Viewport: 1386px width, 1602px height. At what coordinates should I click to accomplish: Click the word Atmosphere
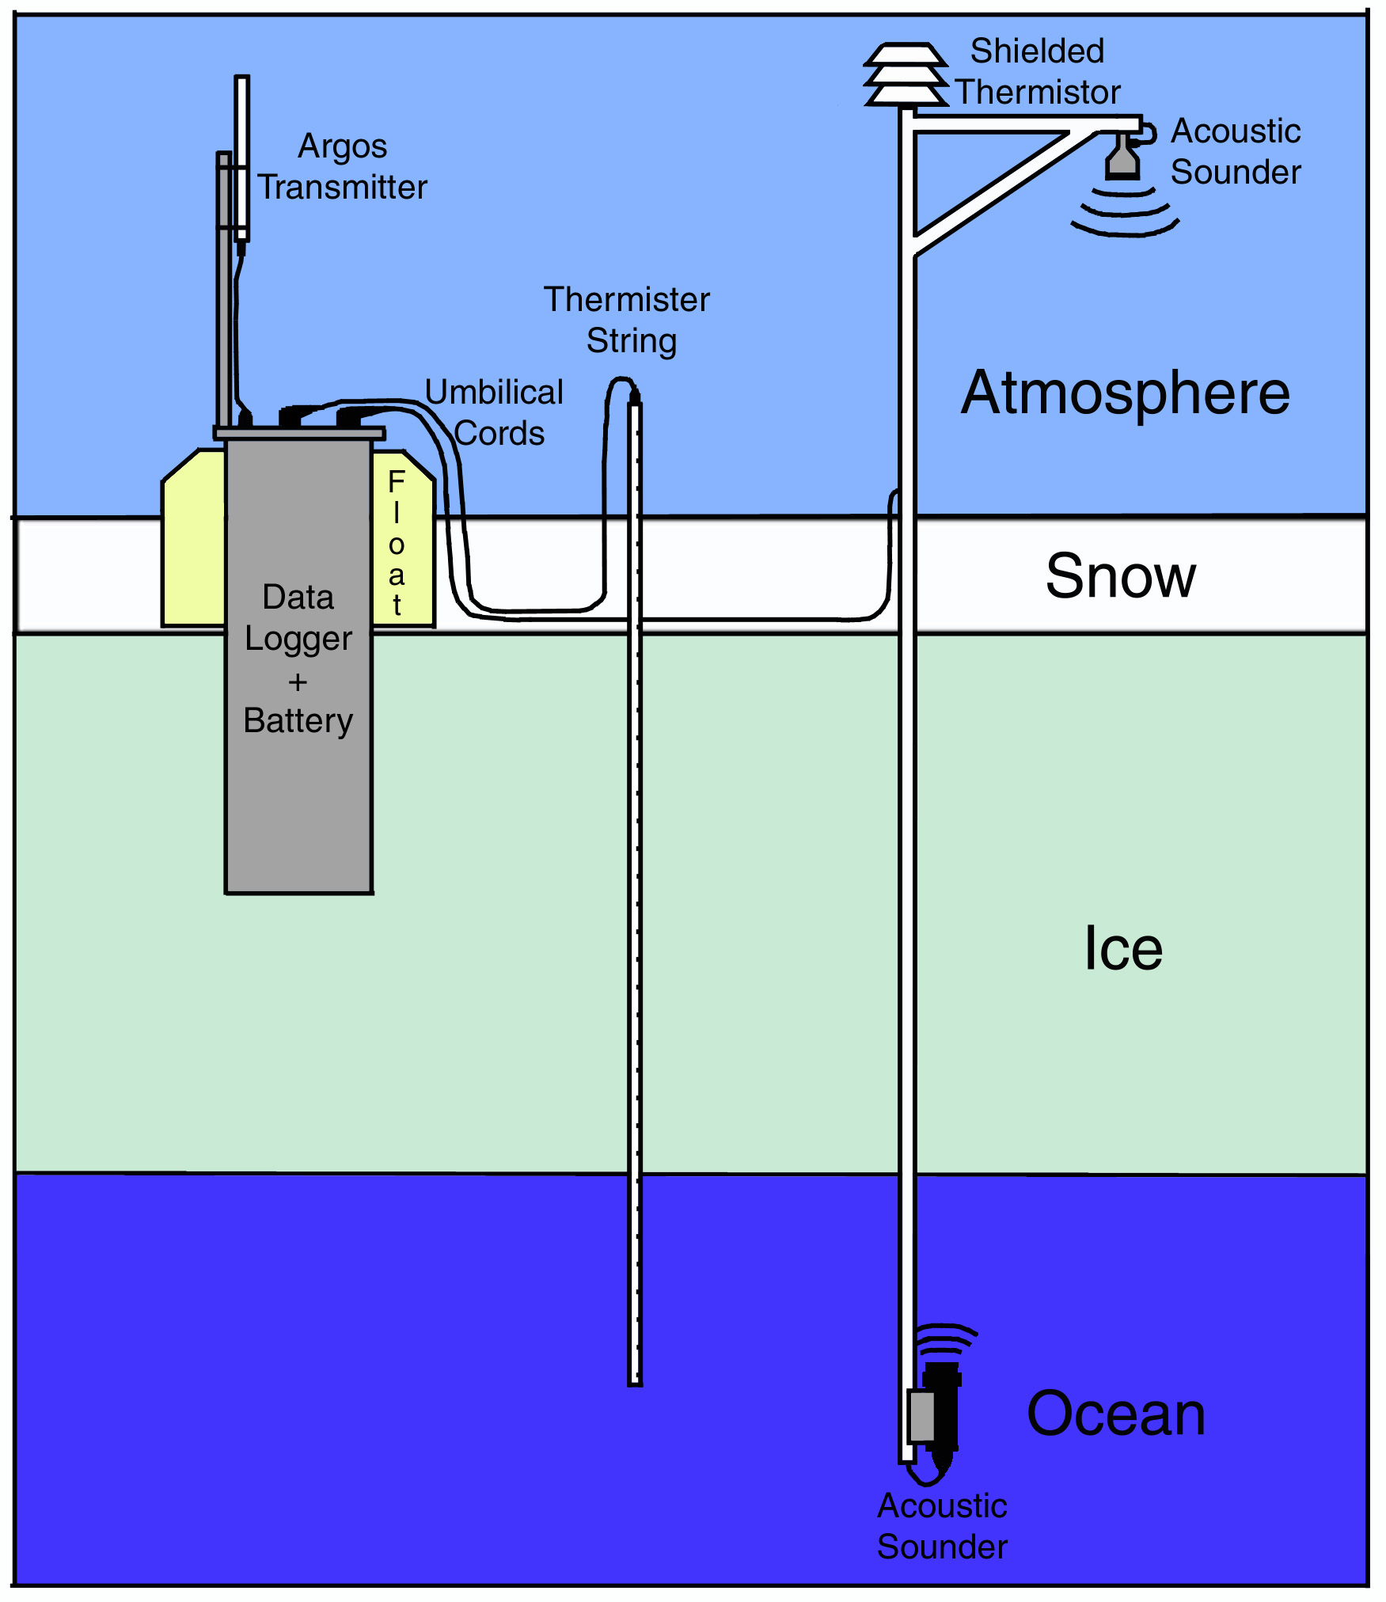[x=1125, y=393]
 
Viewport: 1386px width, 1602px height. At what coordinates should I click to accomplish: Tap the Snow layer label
[x=1120, y=576]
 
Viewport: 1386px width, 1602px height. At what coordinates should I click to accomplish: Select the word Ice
[x=1122, y=948]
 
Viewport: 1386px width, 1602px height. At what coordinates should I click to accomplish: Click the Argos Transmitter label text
[x=343, y=167]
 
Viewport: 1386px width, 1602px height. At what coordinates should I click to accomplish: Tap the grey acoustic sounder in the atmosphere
[x=1122, y=158]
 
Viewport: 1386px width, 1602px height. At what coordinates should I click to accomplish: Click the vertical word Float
[x=397, y=543]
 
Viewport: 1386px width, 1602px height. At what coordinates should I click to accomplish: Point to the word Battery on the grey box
[x=298, y=721]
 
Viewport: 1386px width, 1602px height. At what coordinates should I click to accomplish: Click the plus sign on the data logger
[x=298, y=681]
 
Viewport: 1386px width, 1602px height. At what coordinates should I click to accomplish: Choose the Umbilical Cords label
[x=496, y=412]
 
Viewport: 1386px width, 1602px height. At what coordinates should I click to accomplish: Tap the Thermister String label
[x=628, y=320]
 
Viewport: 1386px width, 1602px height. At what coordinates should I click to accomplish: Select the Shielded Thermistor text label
[x=1038, y=71]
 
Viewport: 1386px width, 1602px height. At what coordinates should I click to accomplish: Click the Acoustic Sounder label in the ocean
[x=942, y=1526]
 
